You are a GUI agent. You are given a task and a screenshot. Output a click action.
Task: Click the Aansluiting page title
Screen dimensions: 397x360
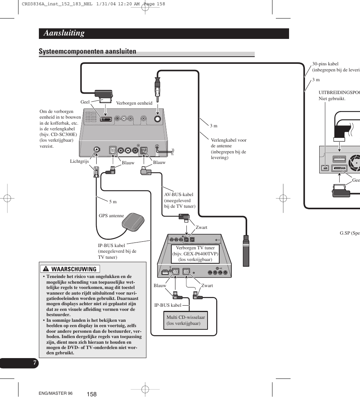click(64, 33)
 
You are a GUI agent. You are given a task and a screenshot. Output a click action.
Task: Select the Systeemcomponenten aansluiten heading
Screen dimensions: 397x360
click(88, 52)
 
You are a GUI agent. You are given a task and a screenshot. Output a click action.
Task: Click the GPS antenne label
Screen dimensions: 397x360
click(111, 216)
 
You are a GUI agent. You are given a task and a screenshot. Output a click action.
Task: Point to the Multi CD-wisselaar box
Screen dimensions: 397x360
click(185, 320)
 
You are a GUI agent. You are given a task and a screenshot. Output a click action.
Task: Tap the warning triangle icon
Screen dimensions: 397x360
click(46, 269)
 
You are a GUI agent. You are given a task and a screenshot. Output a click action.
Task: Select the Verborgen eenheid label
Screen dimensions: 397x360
click(134, 103)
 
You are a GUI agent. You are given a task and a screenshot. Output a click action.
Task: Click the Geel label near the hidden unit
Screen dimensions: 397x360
click(85, 102)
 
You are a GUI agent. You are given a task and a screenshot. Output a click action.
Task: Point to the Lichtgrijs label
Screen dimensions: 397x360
click(79, 161)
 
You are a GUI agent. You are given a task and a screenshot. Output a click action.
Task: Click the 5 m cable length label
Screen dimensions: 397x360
click(113, 202)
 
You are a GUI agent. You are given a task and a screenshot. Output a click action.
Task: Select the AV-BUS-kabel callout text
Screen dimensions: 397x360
click(180, 201)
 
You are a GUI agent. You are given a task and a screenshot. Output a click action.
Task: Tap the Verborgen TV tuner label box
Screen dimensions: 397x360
click(195, 254)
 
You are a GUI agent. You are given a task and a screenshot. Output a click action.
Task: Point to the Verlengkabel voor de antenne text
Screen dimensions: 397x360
click(228, 149)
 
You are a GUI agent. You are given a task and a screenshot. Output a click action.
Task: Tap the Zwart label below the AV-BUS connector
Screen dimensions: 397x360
click(201, 227)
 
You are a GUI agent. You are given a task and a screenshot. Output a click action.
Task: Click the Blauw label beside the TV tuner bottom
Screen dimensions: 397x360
click(160, 286)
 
